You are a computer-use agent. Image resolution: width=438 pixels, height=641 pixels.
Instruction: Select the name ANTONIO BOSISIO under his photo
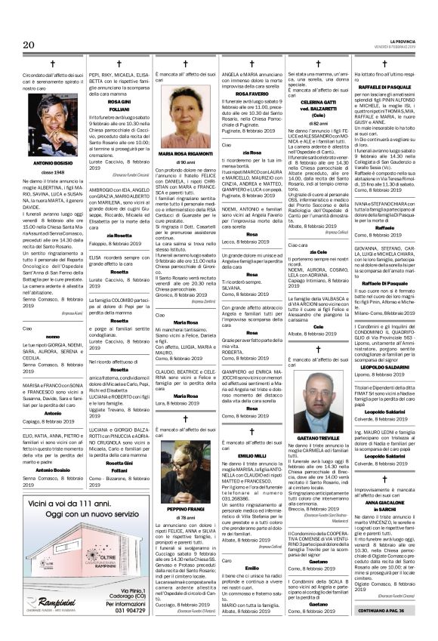[43, 183]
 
